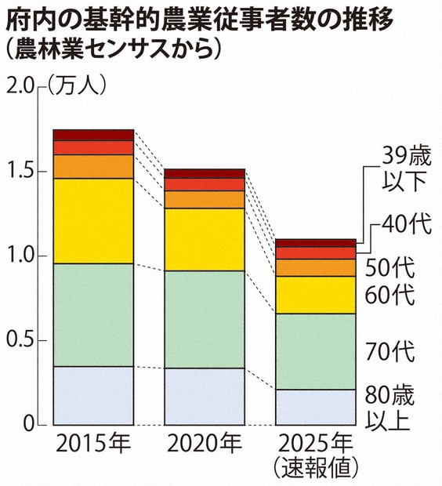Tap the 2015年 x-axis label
click(93, 444)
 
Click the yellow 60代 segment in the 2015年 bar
click(93, 221)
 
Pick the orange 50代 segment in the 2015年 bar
click(93, 166)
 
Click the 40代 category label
click(407, 225)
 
